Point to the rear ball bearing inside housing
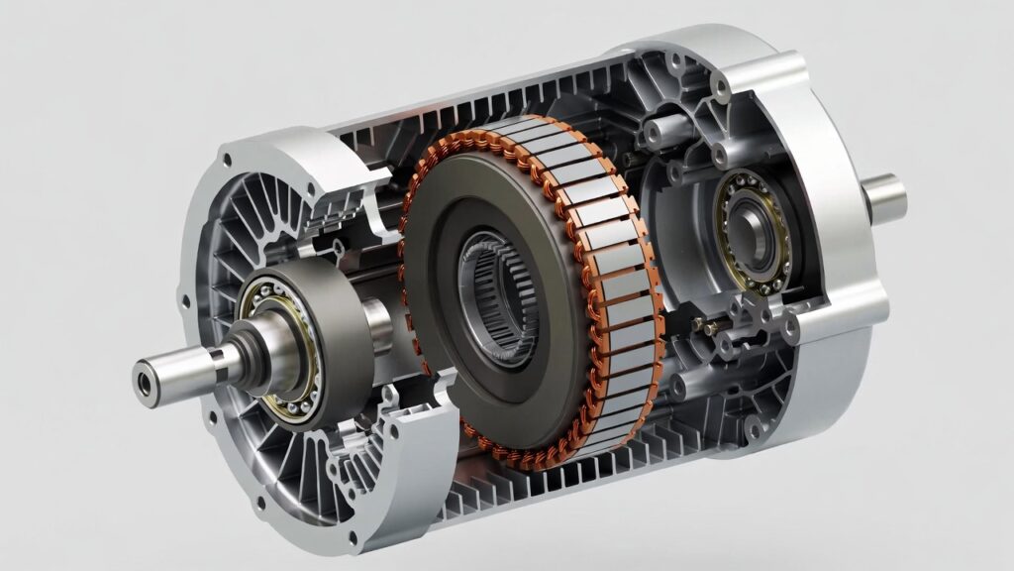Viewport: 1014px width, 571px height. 755,234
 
